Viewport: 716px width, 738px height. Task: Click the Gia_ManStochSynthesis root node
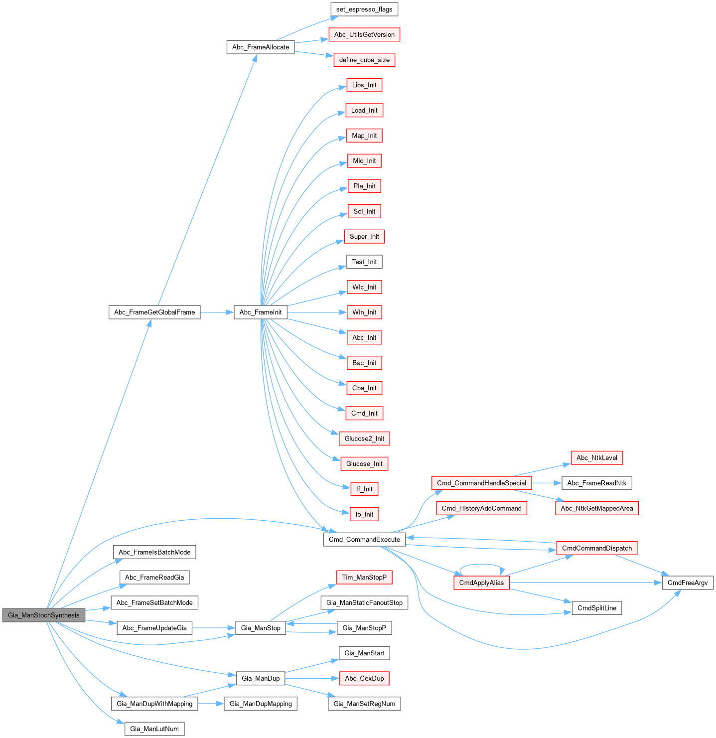[43, 615]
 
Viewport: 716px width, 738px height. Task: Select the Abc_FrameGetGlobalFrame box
[154, 312]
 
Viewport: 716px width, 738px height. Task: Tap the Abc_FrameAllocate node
[260, 47]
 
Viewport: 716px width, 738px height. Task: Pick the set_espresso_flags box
[364, 9]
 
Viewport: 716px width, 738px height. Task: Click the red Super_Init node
[364, 237]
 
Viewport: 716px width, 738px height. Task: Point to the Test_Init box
[364, 262]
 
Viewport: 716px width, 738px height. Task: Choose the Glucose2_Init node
[364, 439]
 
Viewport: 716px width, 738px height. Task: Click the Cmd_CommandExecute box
[364, 540]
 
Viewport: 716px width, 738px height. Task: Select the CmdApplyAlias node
[481, 583]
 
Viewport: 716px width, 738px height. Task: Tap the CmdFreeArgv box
[688, 583]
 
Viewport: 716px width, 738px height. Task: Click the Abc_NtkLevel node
[596, 458]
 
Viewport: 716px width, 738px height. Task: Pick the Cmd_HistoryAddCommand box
[481, 508]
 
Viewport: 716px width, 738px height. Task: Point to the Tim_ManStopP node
[364, 578]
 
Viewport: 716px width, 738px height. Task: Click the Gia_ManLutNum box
[154, 729]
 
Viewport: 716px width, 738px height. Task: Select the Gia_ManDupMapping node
[261, 704]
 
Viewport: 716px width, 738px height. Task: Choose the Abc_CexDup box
[364, 679]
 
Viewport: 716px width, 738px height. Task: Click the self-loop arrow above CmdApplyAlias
[481, 565]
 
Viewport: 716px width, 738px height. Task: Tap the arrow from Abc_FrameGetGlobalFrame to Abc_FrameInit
[217, 312]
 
